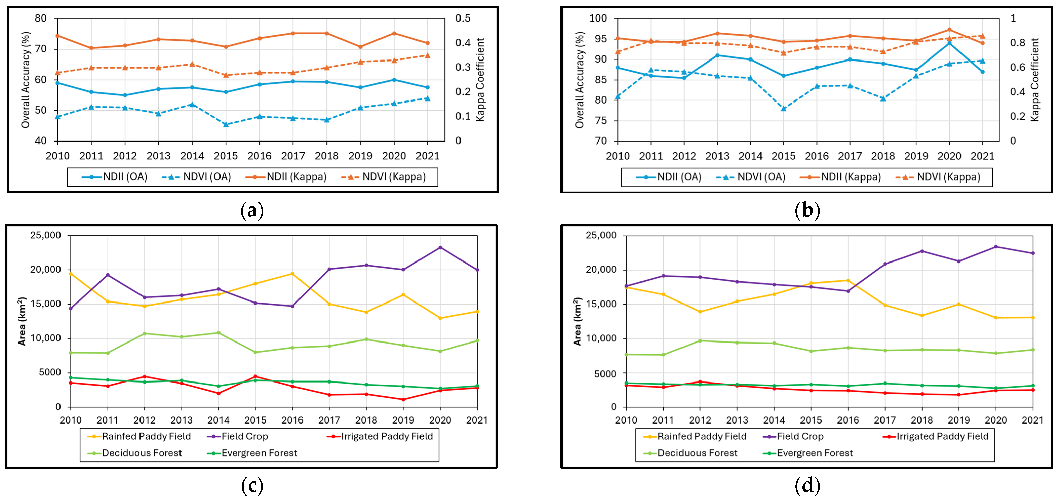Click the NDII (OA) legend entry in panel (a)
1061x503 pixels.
(x=114, y=177)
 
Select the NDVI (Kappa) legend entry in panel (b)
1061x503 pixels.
(x=938, y=177)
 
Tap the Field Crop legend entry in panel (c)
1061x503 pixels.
(x=238, y=436)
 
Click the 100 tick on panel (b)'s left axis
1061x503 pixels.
(x=598, y=18)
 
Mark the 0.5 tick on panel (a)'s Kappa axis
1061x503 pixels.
(x=463, y=18)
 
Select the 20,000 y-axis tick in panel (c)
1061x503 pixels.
(x=45, y=270)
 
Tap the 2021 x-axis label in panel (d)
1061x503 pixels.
(x=1033, y=420)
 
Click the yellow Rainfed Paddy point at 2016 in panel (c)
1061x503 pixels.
(x=292, y=274)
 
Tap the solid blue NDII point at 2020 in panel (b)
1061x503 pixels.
(x=949, y=43)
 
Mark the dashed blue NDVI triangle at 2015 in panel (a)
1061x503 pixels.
(x=226, y=124)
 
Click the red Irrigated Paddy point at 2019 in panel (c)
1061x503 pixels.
(x=403, y=400)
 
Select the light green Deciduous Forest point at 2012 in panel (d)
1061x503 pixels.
(x=700, y=341)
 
